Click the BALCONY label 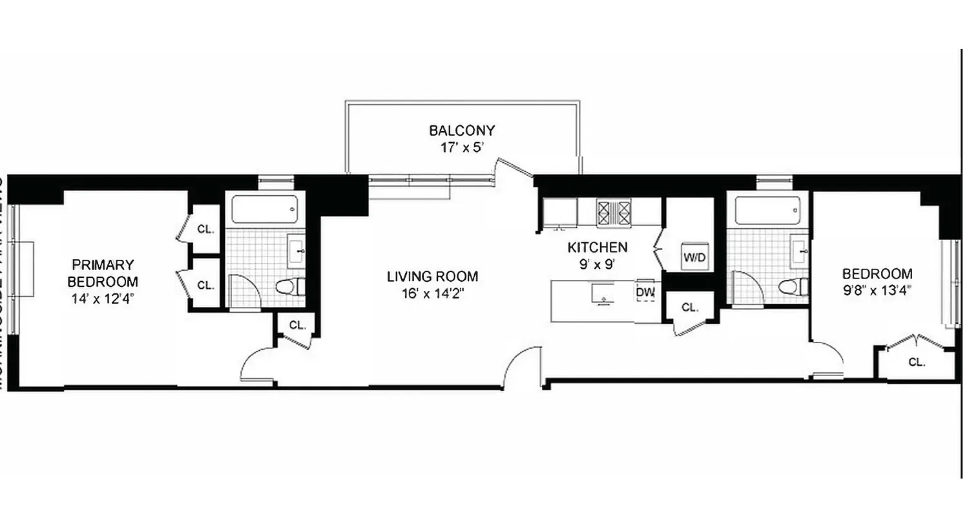point(462,131)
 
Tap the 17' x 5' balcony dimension point(462,147)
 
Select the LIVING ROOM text point(432,277)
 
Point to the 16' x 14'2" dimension point(432,293)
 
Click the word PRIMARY point(103,264)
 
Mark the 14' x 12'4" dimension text point(103,299)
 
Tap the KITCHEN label point(597,247)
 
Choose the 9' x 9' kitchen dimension point(597,263)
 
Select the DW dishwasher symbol point(645,293)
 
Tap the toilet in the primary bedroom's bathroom point(289,286)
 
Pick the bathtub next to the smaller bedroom point(767,210)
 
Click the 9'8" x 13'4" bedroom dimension point(877,290)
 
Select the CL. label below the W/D point(690,308)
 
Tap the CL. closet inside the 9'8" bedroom point(917,363)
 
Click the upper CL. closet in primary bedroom point(205,229)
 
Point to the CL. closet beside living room point(297,325)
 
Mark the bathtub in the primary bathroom point(265,209)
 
